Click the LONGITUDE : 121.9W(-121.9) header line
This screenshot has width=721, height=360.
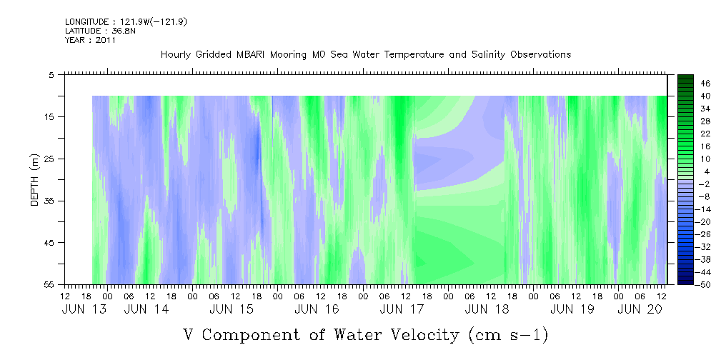click(x=126, y=21)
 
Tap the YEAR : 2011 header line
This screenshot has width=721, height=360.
click(x=91, y=40)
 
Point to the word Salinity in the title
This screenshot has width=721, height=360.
click(x=487, y=55)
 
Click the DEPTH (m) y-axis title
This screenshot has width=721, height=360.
click(x=36, y=180)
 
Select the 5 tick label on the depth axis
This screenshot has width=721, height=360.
click(x=51, y=75)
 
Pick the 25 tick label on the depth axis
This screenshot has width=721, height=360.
click(x=48, y=159)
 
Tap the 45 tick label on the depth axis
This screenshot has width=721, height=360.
click(x=48, y=243)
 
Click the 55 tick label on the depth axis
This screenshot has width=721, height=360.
click(x=48, y=284)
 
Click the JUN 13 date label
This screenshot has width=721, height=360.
click(x=84, y=309)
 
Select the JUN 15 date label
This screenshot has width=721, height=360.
click(x=232, y=309)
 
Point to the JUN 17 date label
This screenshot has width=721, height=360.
click(x=402, y=309)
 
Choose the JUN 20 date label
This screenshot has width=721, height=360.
click(x=640, y=309)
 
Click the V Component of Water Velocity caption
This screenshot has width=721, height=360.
click(x=366, y=335)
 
